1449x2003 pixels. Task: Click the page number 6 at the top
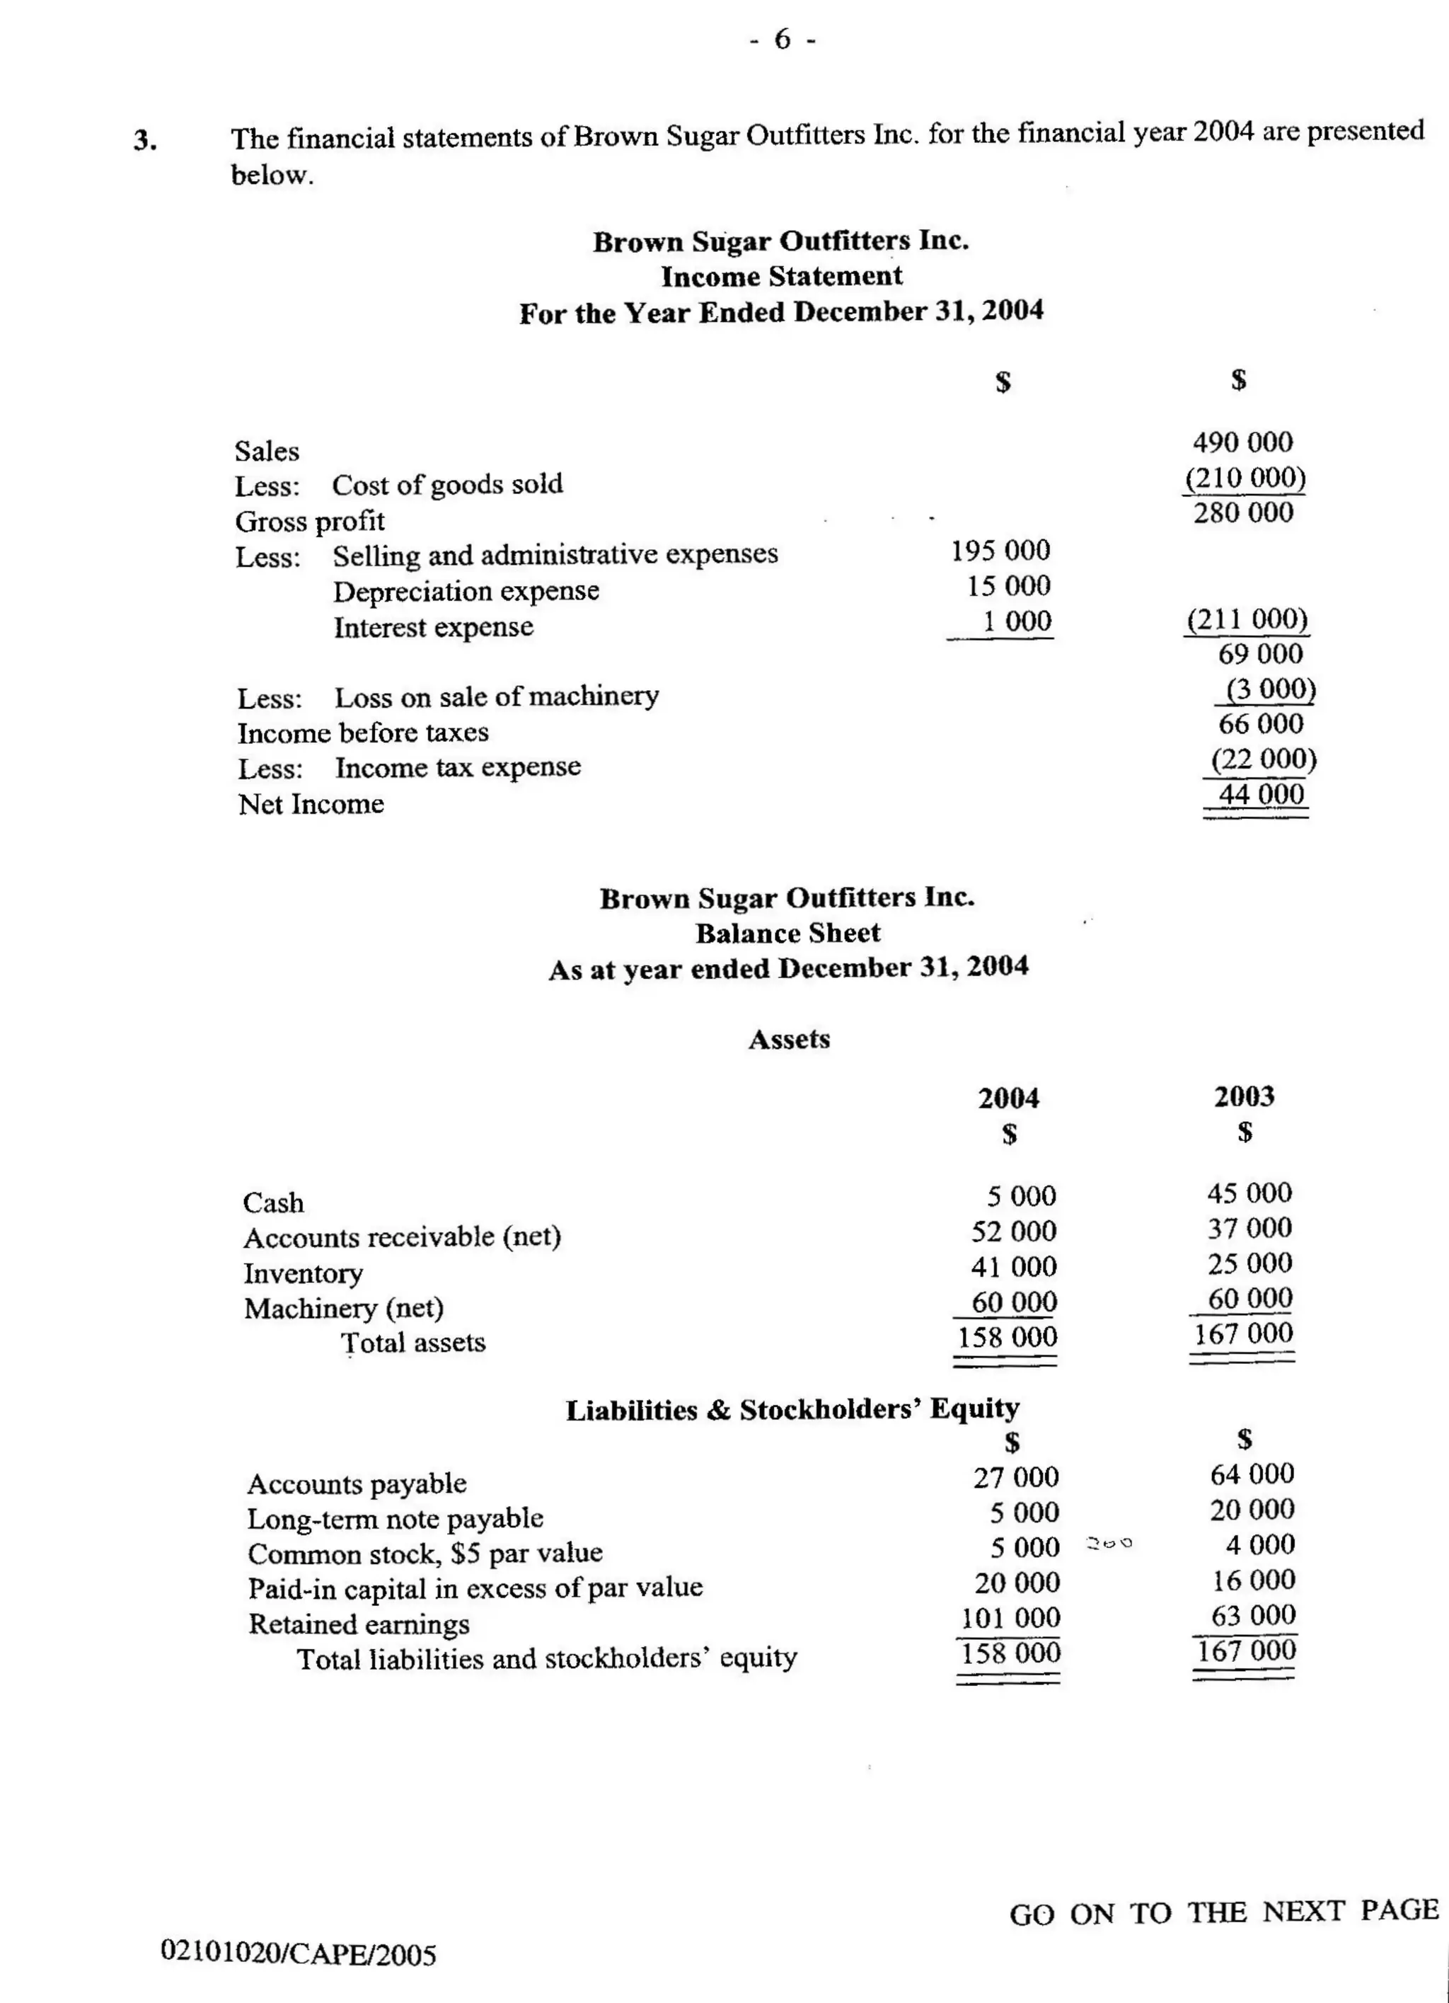pyautogui.click(x=783, y=40)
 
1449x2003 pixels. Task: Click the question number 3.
pyautogui.click(x=146, y=140)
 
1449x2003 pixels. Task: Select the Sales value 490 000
pyautogui.click(x=1242, y=442)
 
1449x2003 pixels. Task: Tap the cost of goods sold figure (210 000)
pyautogui.click(x=1245, y=478)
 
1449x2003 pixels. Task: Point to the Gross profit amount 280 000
pyautogui.click(x=1243, y=512)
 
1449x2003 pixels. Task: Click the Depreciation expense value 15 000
pyautogui.click(x=1008, y=585)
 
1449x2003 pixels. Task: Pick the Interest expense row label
pyautogui.click(x=434, y=627)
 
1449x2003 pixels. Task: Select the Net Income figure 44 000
pyautogui.click(x=1261, y=794)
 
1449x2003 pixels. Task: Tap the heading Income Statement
pyautogui.click(x=781, y=277)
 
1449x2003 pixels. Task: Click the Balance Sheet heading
pyautogui.click(x=787, y=934)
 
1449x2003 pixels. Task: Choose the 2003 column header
pyautogui.click(x=1244, y=1096)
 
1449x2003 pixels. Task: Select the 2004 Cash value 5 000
pyautogui.click(x=1021, y=1197)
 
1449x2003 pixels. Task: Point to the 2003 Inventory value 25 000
pyautogui.click(x=1249, y=1264)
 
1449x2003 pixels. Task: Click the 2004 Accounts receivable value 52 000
pyautogui.click(x=1014, y=1231)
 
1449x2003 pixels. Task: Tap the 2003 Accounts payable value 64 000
pyautogui.click(x=1252, y=1474)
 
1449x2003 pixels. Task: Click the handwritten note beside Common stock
pyautogui.click(x=1109, y=1544)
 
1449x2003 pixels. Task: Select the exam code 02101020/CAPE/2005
pyautogui.click(x=299, y=1953)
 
